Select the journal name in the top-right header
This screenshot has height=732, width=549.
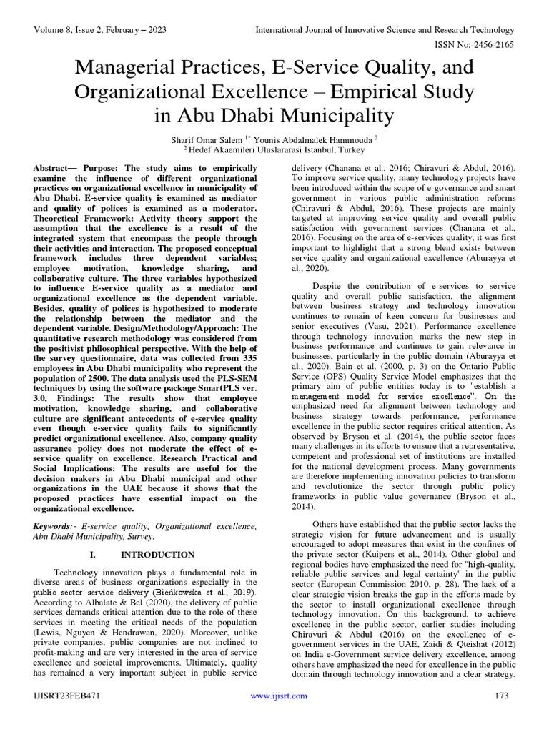(x=385, y=30)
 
